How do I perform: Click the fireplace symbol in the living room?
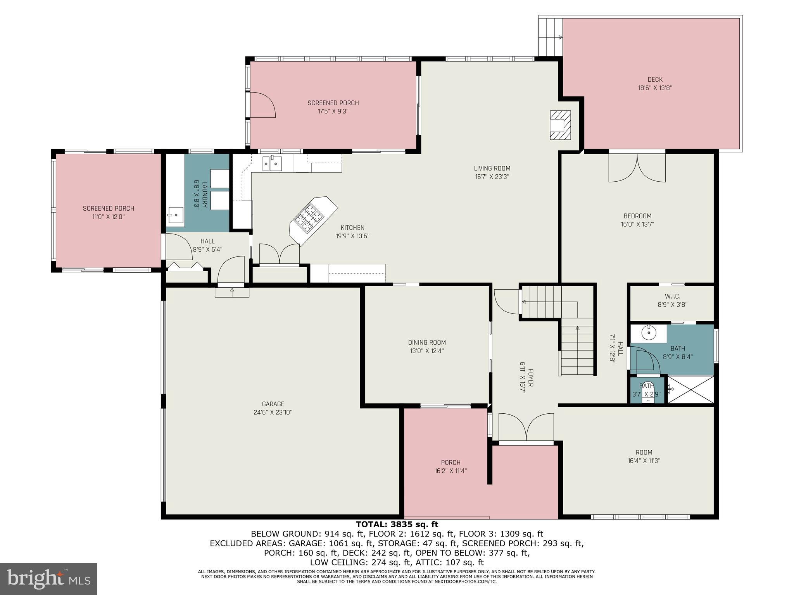(560, 125)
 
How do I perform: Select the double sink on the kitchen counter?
(273, 163)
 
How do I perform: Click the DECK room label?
(655, 80)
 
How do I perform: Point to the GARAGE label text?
(273, 404)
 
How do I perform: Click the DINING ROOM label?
(427, 342)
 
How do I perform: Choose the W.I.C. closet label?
(672, 296)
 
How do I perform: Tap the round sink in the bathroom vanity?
(648, 332)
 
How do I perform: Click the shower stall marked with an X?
(690, 389)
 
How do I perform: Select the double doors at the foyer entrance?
(526, 428)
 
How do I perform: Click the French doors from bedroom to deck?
(637, 167)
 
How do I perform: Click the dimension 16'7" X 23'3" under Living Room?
(492, 177)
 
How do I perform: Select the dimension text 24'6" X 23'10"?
(273, 413)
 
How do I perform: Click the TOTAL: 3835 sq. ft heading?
(397, 524)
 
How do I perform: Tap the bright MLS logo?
(48, 579)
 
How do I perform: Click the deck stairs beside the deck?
(551, 37)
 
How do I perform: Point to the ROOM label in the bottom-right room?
(644, 452)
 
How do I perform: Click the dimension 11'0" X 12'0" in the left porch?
(109, 217)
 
